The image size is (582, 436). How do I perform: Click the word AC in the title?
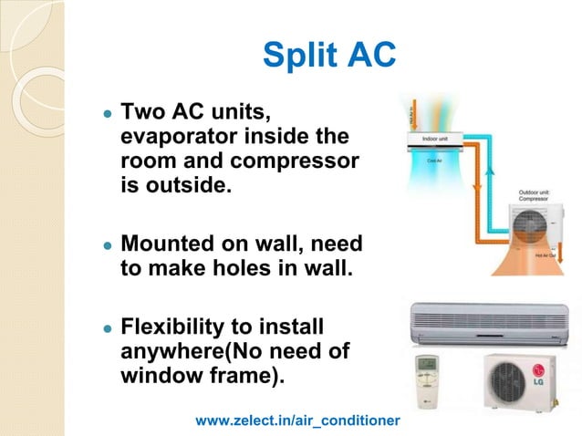(x=369, y=56)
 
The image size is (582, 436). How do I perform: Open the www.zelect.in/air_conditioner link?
(x=298, y=420)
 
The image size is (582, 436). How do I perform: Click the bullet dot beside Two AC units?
(x=107, y=117)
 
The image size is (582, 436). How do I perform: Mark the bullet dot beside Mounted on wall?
(x=107, y=247)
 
